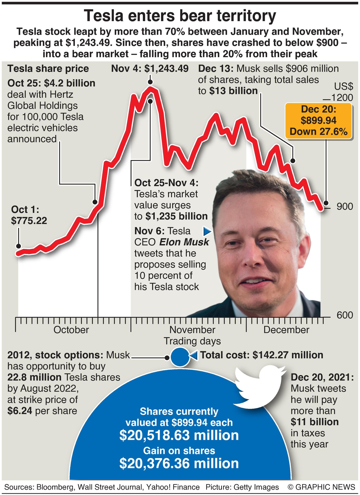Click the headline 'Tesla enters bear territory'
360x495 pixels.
[180, 16]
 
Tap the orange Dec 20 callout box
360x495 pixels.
[319, 121]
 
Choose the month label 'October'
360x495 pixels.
[71, 330]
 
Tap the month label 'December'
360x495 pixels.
[286, 330]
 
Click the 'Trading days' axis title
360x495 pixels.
[192, 341]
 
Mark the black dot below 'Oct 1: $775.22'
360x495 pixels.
[19, 246]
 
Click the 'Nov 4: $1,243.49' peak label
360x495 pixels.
[150, 69]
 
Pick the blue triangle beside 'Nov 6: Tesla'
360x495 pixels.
[207, 231]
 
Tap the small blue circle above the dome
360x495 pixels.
[180, 357]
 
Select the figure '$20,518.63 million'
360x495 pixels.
[179, 435]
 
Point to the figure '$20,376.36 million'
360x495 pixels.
[179, 463]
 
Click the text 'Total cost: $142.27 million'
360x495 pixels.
[262, 355]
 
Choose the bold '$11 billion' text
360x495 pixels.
[315, 422]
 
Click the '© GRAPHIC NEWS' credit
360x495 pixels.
[321, 487]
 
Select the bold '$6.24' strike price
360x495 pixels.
[20, 411]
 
